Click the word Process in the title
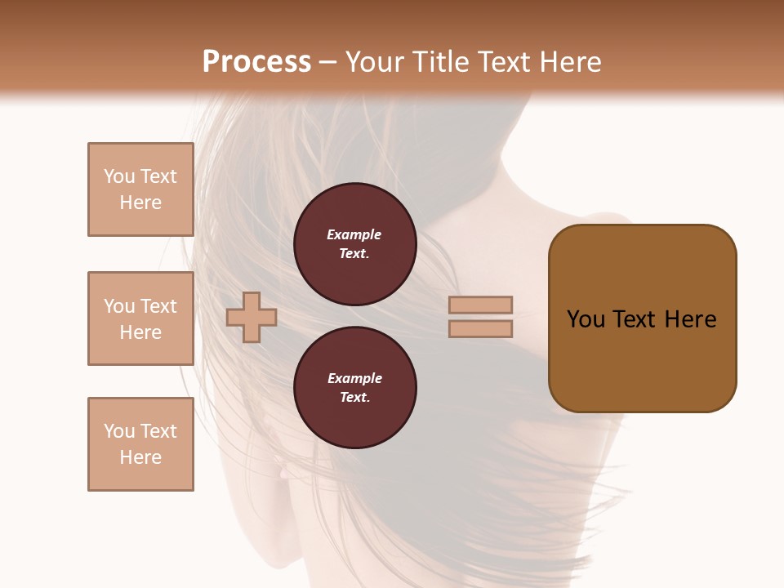pyautogui.click(x=256, y=62)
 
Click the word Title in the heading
pyautogui.click(x=439, y=62)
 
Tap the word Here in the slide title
pyautogui.click(x=568, y=62)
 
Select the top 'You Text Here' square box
pyautogui.click(x=140, y=189)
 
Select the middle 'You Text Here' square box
pyautogui.click(x=140, y=318)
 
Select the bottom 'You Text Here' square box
pyautogui.click(x=140, y=444)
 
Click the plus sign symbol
pyautogui.click(x=251, y=317)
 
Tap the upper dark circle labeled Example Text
pyautogui.click(x=354, y=244)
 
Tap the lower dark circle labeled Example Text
pyautogui.click(x=354, y=388)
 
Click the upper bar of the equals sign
pyautogui.click(x=480, y=305)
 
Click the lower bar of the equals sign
pyautogui.click(x=480, y=329)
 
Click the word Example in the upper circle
pyautogui.click(x=354, y=235)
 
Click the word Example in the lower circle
pyautogui.click(x=354, y=379)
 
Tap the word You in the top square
pyautogui.click(x=118, y=176)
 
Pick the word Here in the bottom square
pyautogui.click(x=140, y=457)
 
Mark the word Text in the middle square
pyautogui.click(x=157, y=306)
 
